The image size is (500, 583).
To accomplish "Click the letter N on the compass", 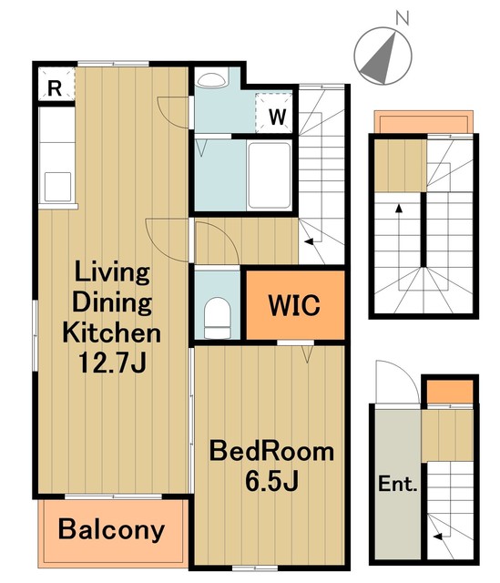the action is click(x=403, y=18).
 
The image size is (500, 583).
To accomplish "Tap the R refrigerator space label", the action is click(x=55, y=88).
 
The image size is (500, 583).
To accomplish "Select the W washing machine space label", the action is click(x=278, y=117).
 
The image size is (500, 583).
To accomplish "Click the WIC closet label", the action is click(x=294, y=305).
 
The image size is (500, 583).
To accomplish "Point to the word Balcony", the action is click(x=111, y=530).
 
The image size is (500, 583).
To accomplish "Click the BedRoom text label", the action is click(x=271, y=451).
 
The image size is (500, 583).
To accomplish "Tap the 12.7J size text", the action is click(x=112, y=363).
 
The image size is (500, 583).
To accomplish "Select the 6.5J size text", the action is click(x=271, y=481).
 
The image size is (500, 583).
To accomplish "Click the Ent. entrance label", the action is click(x=397, y=484).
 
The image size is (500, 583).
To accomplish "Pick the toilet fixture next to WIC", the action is click(x=218, y=318).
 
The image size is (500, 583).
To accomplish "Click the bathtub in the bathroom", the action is click(x=270, y=175).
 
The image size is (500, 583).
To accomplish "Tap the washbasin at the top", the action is click(x=212, y=79).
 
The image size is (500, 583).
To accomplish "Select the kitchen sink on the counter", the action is click(x=57, y=187).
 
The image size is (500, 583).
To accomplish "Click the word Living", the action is click(x=112, y=272).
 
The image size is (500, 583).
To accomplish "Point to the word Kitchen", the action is click(x=111, y=332).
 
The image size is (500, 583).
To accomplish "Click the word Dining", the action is click(x=112, y=303).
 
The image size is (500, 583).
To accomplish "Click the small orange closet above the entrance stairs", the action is click(x=449, y=392).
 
